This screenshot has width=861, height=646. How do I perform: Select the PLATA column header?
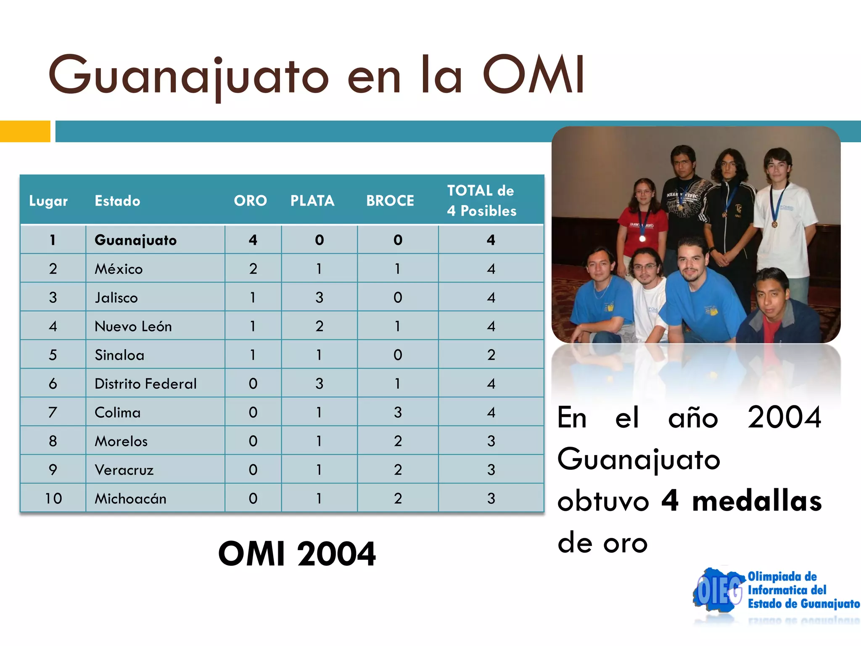312,201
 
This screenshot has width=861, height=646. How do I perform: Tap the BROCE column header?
390,201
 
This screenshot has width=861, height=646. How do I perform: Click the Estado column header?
117,201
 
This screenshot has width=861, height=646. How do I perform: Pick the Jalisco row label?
116,298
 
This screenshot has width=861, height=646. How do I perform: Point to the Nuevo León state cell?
133,326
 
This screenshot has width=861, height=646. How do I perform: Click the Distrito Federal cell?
145,384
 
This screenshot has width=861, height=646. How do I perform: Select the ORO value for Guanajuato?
253,240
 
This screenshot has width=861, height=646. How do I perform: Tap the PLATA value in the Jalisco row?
319,298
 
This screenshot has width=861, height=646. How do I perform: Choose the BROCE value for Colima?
398,413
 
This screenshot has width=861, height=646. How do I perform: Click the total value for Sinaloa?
491,355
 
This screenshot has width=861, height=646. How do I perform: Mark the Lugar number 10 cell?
53,498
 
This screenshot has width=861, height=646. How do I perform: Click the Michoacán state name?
130,499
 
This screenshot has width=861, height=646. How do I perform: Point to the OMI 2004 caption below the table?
297,554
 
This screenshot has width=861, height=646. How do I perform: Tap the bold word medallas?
757,501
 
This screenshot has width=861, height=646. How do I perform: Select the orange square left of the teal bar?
25,131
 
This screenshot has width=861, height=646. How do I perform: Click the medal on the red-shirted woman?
642,239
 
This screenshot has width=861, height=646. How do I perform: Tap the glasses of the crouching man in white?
644,267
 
